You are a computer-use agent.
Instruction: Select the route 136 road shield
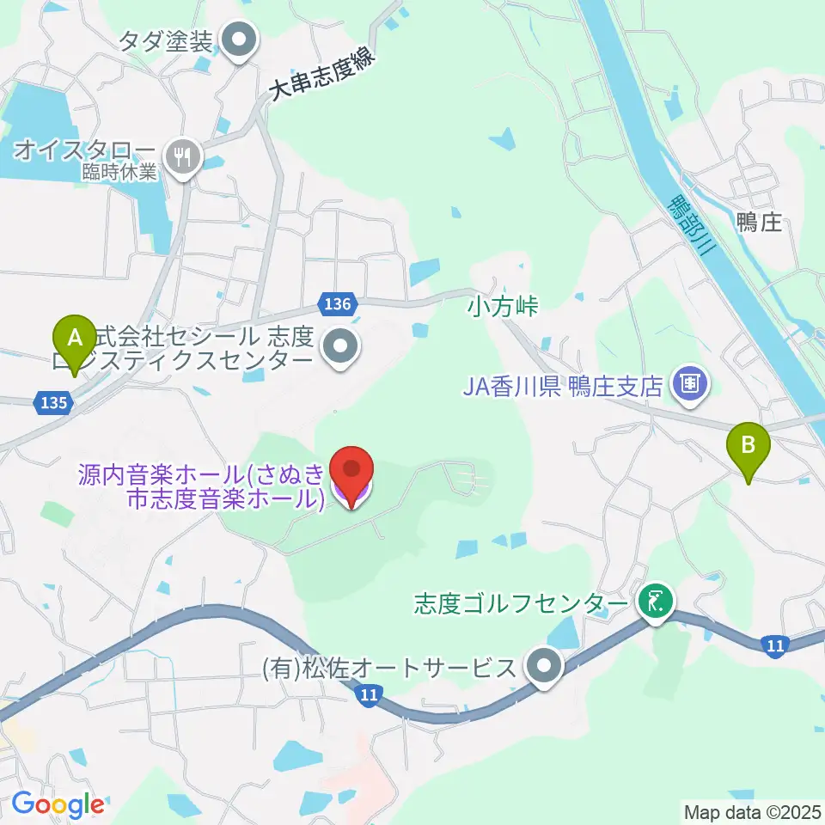click(x=339, y=303)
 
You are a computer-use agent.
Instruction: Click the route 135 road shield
click(x=51, y=400)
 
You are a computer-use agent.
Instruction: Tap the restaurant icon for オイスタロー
click(x=182, y=156)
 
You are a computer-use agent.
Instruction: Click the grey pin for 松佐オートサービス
click(x=544, y=666)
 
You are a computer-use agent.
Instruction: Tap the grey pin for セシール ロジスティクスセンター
click(x=341, y=346)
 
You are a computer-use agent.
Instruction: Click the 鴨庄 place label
click(x=758, y=223)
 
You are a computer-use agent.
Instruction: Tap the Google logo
click(x=57, y=804)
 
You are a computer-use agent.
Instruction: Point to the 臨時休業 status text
click(x=120, y=171)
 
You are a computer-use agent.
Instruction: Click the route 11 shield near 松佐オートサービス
click(x=370, y=696)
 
